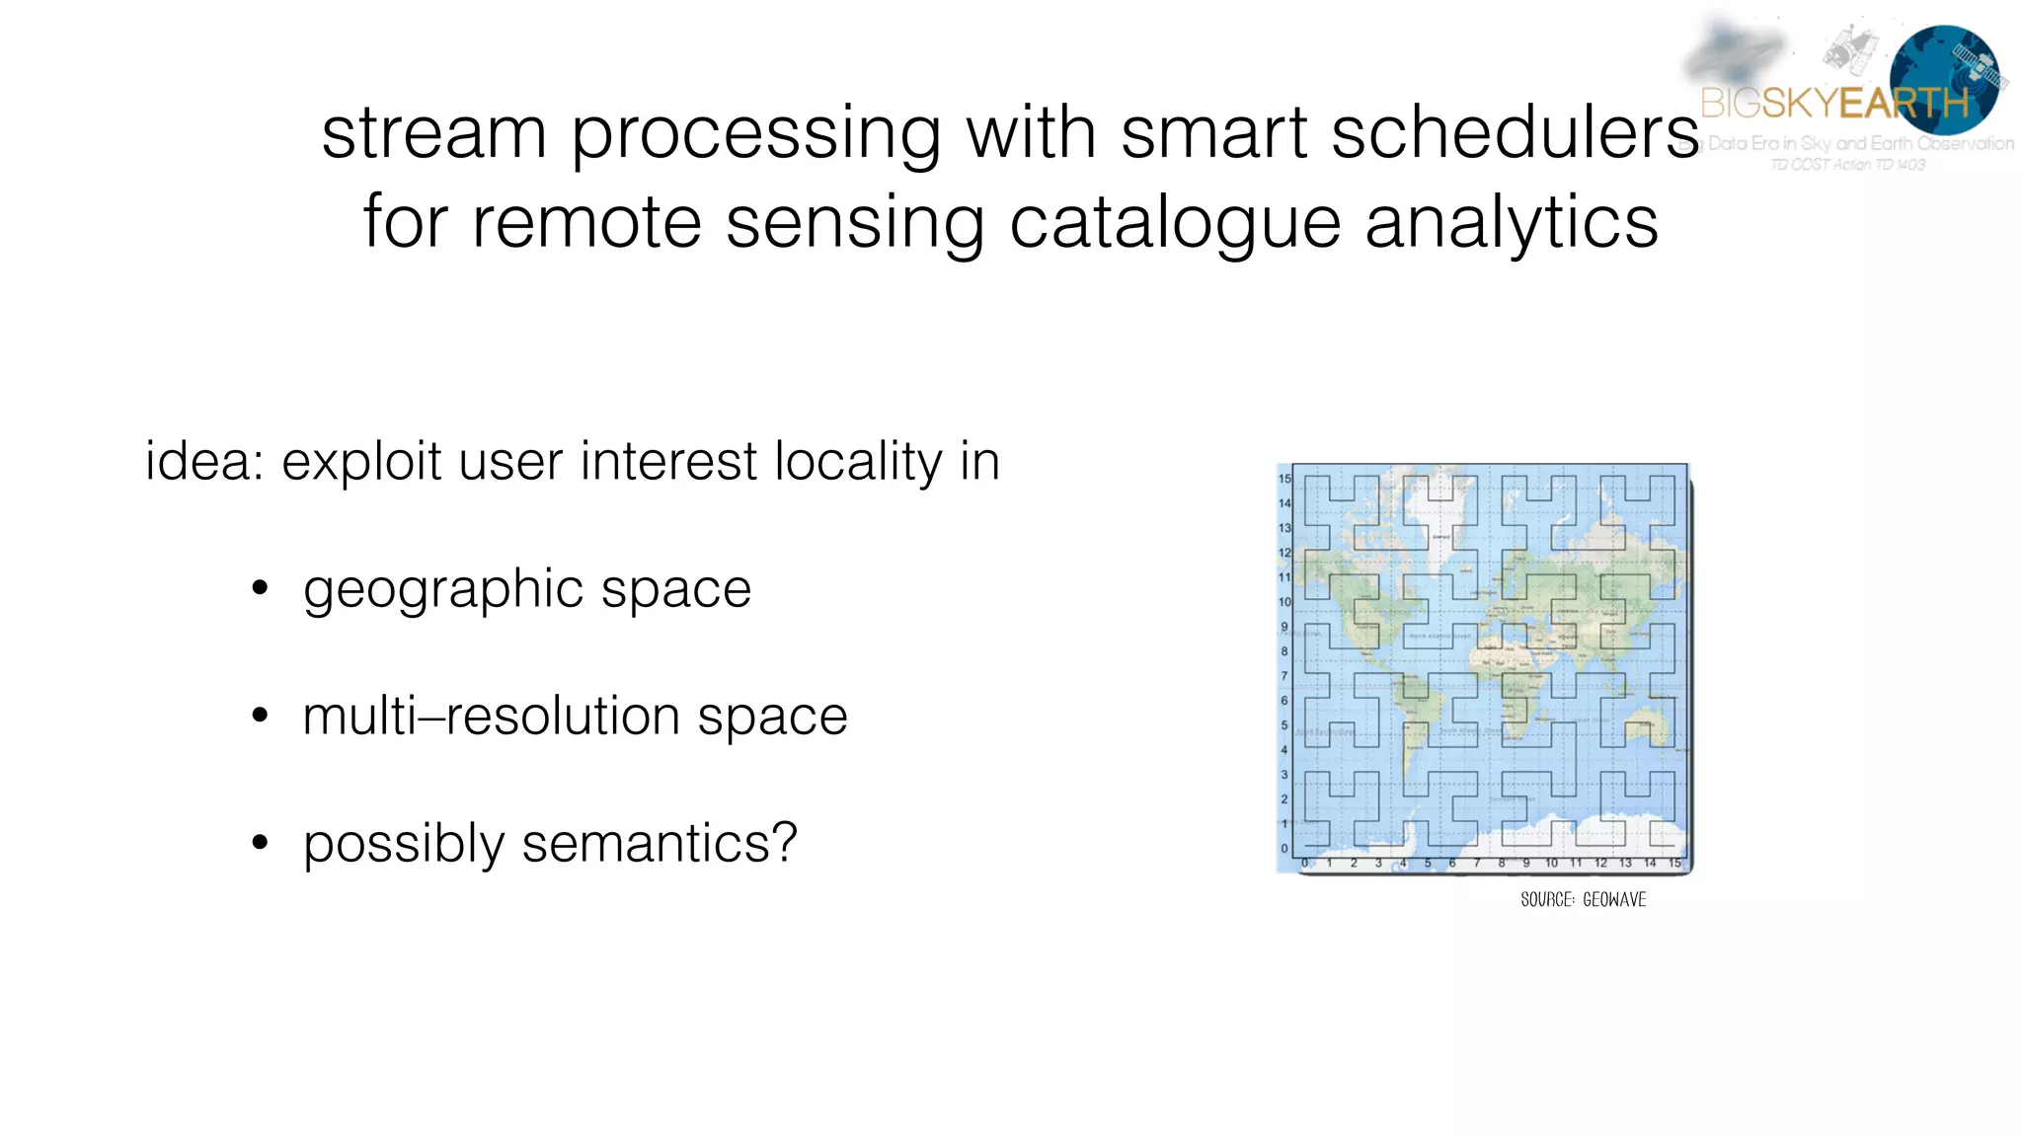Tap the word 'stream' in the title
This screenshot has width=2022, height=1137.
click(434, 133)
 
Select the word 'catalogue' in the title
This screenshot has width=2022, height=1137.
click(1175, 223)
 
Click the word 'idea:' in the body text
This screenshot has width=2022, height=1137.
click(204, 461)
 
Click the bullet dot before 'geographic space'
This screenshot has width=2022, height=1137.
click(260, 589)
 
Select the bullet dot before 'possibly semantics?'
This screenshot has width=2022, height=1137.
click(260, 842)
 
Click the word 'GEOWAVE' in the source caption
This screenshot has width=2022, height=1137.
click(1614, 899)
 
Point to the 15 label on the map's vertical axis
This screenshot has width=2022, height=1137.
click(1284, 479)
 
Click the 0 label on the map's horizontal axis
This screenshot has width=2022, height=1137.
click(1305, 863)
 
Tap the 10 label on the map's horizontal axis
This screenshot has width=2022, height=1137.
click(1551, 863)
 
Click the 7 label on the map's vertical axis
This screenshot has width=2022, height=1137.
click(1284, 676)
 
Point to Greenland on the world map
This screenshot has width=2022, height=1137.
click(1437, 513)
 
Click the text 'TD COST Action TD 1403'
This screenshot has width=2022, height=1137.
click(1846, 165)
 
